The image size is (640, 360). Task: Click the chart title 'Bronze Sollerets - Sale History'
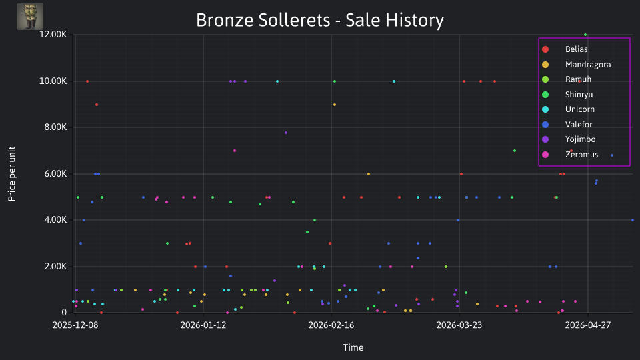pos(320,20)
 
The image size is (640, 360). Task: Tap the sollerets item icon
pos(30,17)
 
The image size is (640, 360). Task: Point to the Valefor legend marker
pos(545,125)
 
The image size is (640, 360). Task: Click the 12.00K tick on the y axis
pos(53,35)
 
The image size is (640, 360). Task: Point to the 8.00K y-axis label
pos(55,127)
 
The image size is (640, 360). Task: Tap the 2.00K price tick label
pos(55,267)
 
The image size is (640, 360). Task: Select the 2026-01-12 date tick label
pos(203,325)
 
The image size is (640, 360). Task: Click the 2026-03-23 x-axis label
pos(459,325)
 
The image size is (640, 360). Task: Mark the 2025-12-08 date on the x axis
pos(75,325)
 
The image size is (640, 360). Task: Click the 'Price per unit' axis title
pos(12,174)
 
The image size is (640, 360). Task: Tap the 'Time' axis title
pos(353,348)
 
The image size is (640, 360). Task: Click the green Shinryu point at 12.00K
pos(585,35)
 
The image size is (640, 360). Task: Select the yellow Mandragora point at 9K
pos(335,105)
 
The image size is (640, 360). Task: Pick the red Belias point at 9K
pos(97,105)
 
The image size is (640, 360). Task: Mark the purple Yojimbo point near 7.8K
pos(286,133)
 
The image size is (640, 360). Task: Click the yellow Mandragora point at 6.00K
pos(369,174)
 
